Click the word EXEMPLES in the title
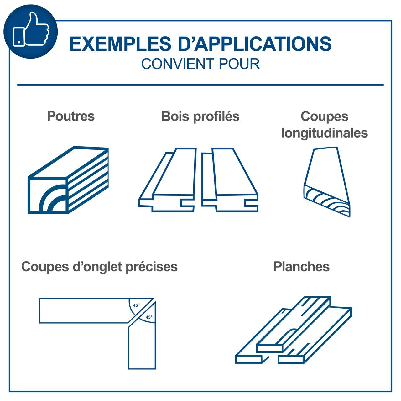coord(120,44)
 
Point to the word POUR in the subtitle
coord(239,64)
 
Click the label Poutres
coord(71,116)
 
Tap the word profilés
coord(216,117)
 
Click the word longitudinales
coord(325,133)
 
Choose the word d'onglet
coord(97,267)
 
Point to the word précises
coord(152,267)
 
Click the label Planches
coord(301,267)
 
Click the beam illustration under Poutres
coord(68,180)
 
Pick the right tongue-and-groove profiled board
coord(230,180)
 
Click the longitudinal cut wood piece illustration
coord(327,182)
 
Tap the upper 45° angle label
coord(136,305)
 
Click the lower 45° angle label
coord(149,317)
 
